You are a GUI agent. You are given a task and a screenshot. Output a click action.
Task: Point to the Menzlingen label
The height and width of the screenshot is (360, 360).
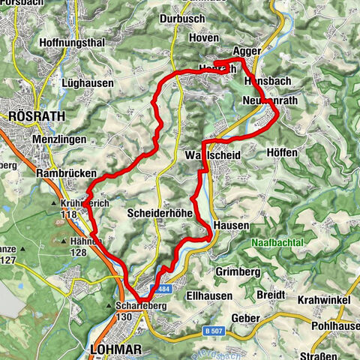click(x=57, y=139)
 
